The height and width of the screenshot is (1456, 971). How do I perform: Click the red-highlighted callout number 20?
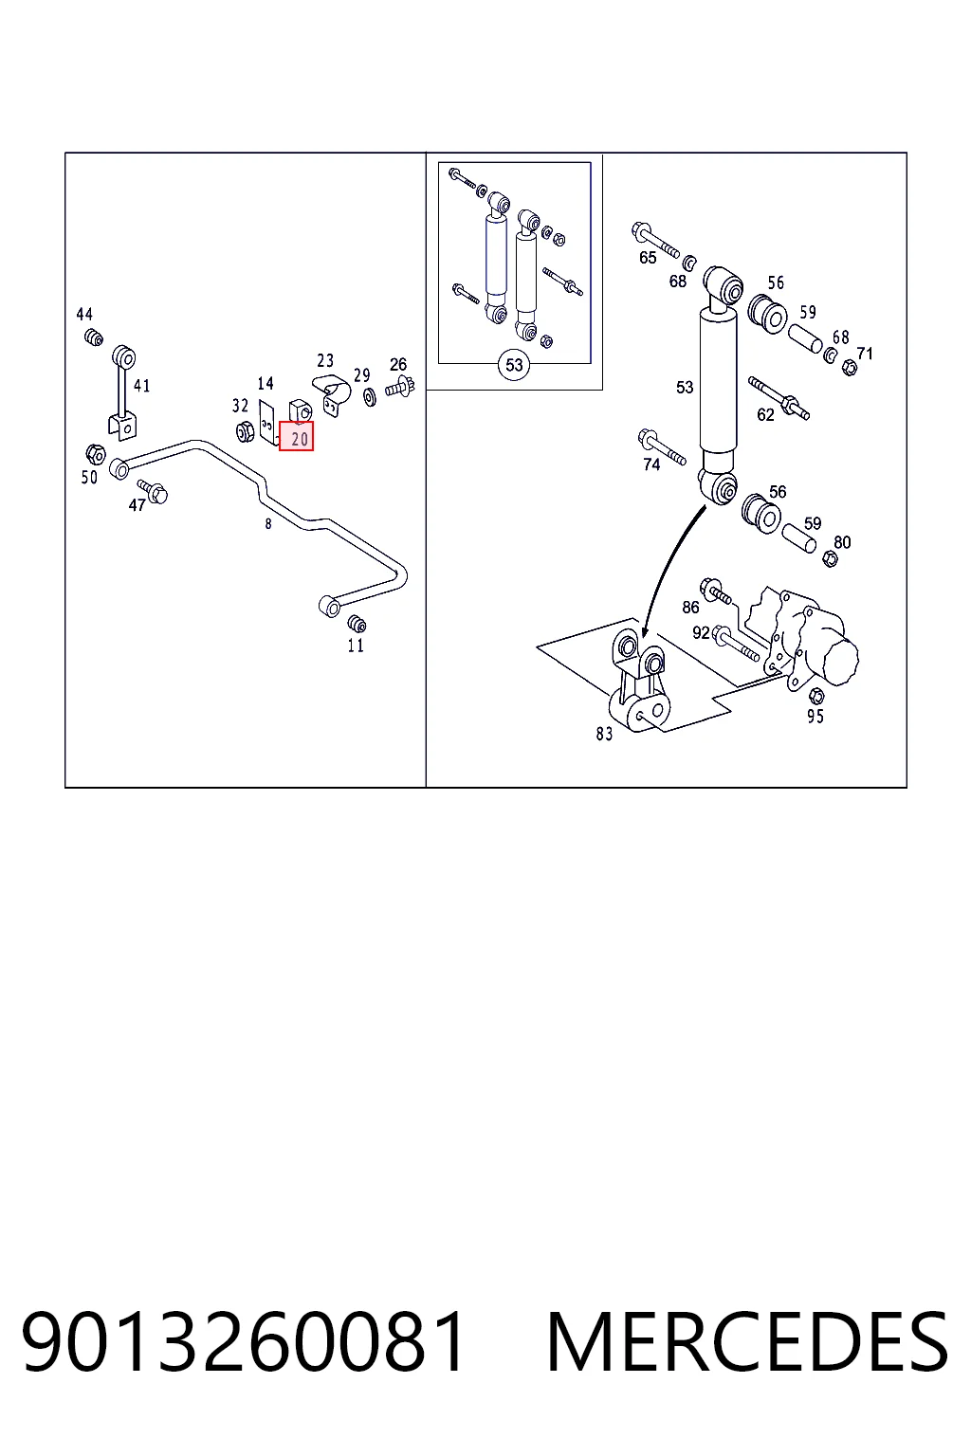(297, 436)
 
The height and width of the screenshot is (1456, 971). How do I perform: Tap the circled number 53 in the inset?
(514, 365)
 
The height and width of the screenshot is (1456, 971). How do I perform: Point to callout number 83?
(604, 734)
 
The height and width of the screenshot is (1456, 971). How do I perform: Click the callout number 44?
(84, 315)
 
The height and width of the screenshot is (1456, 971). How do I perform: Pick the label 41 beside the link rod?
(142, 386)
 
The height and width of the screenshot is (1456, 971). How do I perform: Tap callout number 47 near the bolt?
(137, 505)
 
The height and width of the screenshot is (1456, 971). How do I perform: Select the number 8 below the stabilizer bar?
(268, 524)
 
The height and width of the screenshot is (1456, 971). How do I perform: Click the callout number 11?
(356, 646)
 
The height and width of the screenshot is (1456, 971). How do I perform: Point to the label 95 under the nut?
(815, 717)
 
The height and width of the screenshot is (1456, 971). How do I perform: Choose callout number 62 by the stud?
(765, 414)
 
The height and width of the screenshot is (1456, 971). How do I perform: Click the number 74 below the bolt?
(651, 464)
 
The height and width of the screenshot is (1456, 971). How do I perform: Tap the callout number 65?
(648, 258)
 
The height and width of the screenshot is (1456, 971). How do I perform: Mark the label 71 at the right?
(865, 354)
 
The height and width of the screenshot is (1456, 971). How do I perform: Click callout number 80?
(842, 542)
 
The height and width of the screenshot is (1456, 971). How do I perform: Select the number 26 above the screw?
(398, 365)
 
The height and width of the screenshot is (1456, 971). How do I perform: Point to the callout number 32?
(241, 406)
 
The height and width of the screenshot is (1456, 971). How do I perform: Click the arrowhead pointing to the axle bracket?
(645, 632)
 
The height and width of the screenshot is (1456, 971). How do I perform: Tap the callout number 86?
(690, 607)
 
